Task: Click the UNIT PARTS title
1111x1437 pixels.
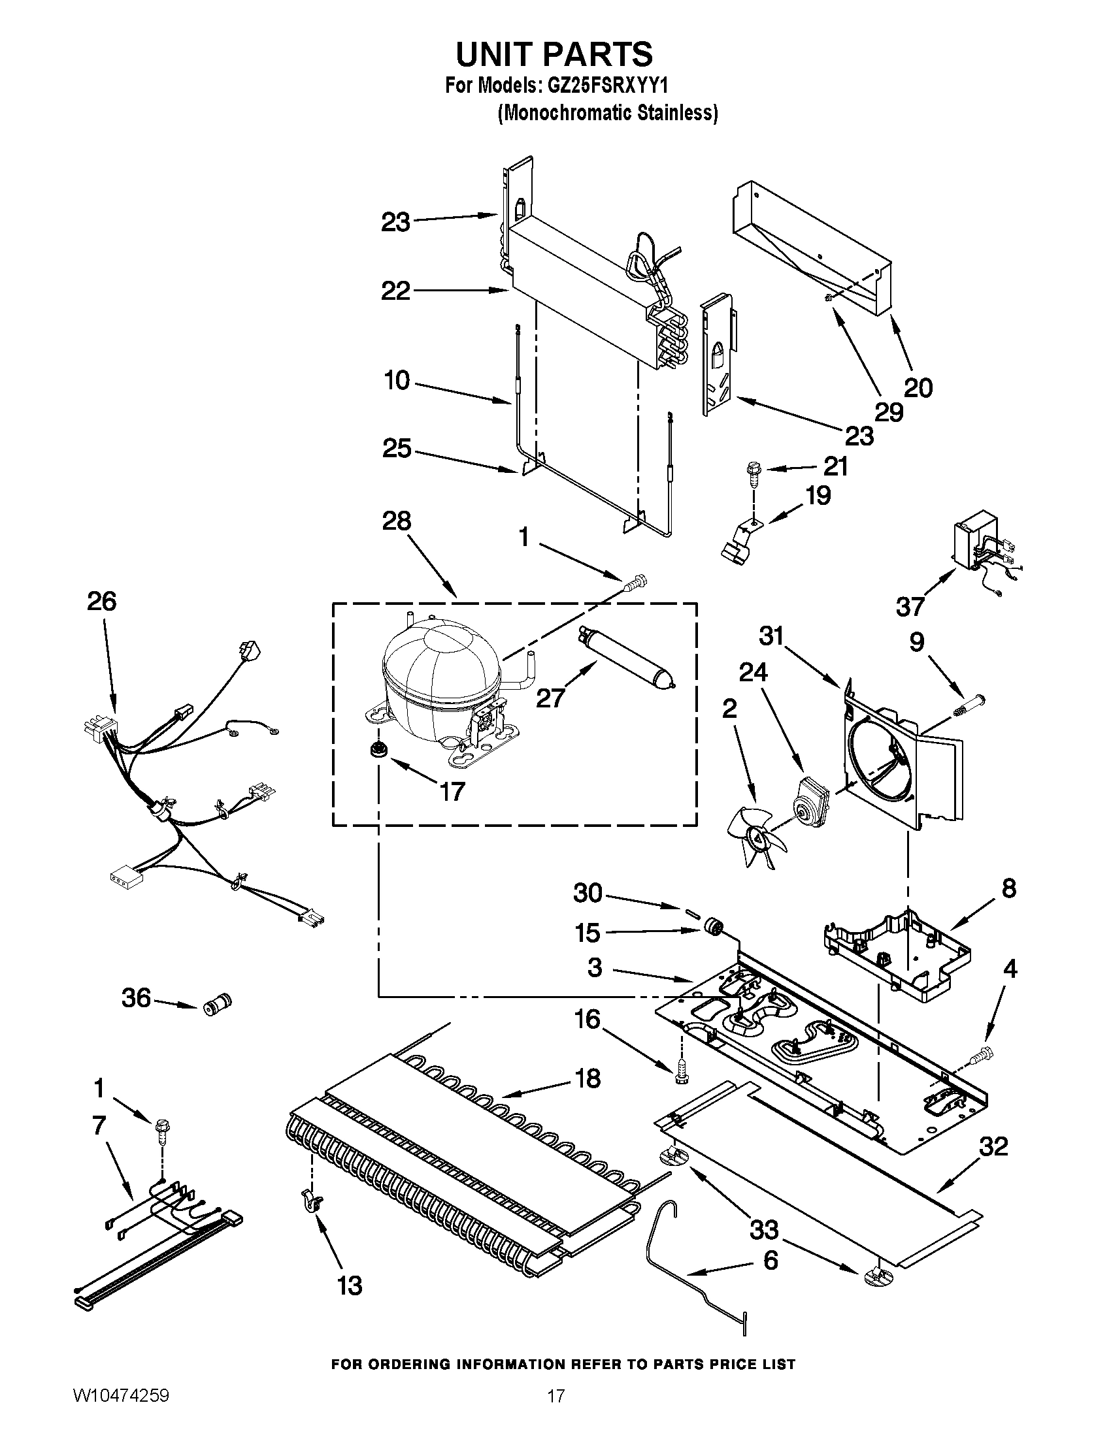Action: [554, 54]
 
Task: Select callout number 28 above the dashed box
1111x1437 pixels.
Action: [396, 521]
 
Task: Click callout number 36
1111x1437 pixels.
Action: [137, 998]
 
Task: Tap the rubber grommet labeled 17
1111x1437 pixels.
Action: [377, 749]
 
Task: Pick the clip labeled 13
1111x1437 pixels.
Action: [312, 1200]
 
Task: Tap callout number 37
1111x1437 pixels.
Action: [910, 606]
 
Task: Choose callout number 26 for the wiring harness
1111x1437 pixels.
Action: [101, 601]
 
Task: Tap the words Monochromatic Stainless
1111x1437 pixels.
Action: [608, 113]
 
